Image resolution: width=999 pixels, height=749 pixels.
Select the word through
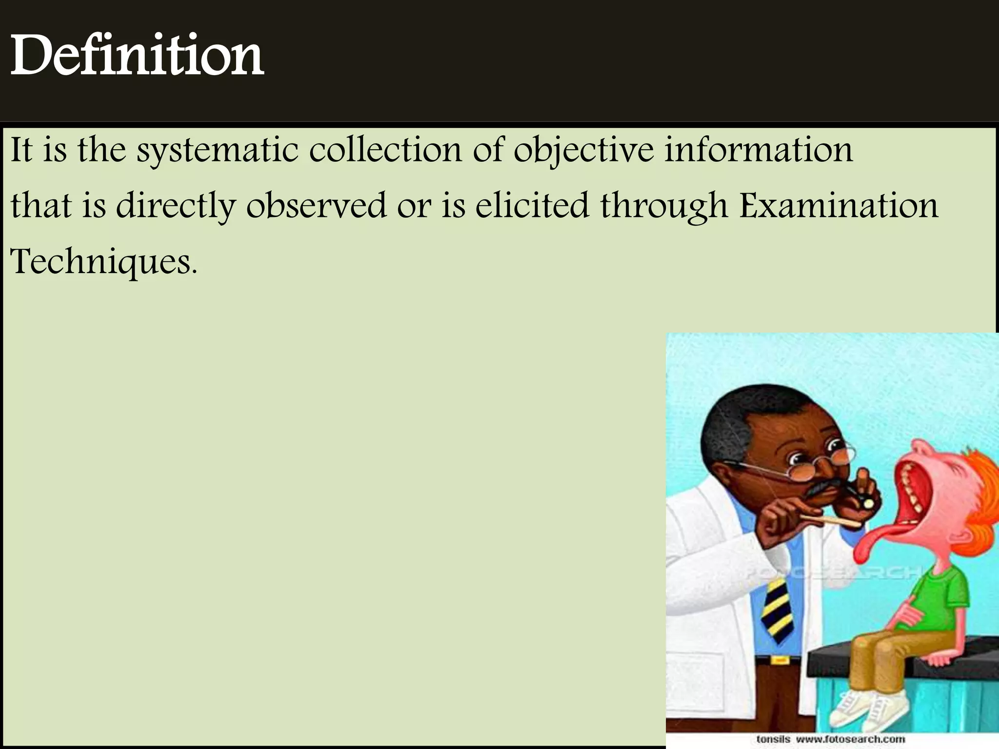[664, 207]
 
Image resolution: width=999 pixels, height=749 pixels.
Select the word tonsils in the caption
[773, 739]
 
